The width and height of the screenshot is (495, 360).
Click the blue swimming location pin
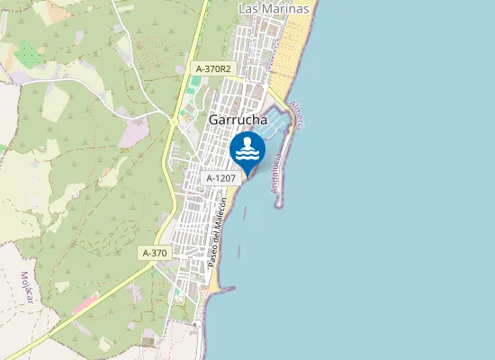[x=247, y=151]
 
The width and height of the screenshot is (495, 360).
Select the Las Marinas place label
[x=274, y=8]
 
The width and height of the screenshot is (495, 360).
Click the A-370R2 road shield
[x=213, y=68]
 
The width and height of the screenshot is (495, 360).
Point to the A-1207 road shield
[x=220, y=178]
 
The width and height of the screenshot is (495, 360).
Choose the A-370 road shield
[x=155, y=254]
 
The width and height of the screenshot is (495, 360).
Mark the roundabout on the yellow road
[x=172, y=117]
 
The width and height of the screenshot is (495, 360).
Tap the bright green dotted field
[x=30, y=55]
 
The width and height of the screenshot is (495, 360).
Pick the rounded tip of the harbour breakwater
[x=279, y=204]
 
